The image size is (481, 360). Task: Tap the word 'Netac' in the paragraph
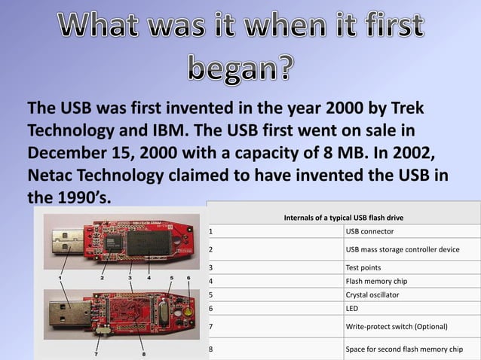tap(54, 174)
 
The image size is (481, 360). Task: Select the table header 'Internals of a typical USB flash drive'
tap(343, 218)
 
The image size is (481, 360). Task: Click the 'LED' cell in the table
tap(352, 309)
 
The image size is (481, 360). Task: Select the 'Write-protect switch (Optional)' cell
tap(397, 326)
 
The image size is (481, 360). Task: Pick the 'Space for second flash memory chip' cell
tap(403, 349)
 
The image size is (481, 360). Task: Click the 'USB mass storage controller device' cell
tap(402, 249)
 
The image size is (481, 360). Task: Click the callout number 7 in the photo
tap(96, 352)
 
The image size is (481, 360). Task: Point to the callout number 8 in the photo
tap(143, 353)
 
